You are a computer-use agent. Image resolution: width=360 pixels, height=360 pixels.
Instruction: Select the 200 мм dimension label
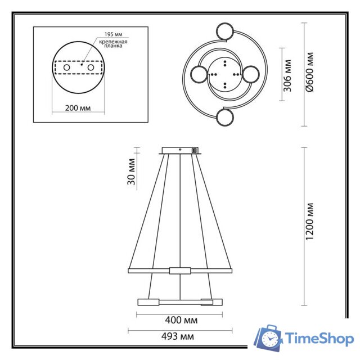[x=78, y=107]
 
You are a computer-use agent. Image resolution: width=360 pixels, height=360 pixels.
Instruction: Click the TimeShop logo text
[x=319, y=339]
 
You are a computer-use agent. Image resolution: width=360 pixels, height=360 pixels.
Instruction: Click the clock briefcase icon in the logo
[x=268, y=337]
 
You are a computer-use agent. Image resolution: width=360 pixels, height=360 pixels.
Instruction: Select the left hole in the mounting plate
[x=66, y=67]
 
